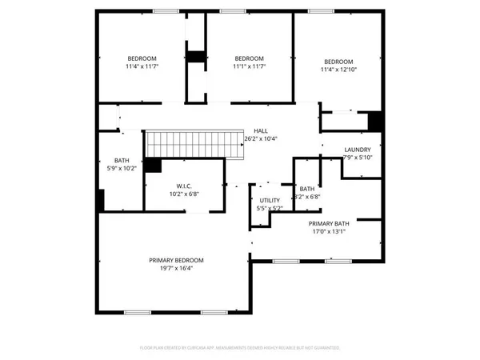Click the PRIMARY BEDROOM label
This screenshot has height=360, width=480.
[x=176, y=260]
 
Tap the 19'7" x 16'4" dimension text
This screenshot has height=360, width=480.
[x=176, y=269]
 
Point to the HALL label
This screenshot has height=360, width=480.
[x=261, y=130]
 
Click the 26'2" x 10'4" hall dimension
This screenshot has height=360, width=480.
[x=261, y=139]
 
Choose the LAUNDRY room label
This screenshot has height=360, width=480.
[x=358, y=150]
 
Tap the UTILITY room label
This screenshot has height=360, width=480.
[x=270, y=200]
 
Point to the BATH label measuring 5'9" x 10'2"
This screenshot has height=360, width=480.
[x=122, y=160]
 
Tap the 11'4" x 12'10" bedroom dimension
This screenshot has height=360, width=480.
[x=338, y=70]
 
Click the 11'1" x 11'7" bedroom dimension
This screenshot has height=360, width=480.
[x=250, y=66]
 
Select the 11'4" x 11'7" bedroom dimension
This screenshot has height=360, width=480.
[x=142, y=66]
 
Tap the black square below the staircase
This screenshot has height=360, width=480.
[x=153, y=165]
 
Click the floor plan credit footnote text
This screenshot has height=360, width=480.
[x=240, y=348]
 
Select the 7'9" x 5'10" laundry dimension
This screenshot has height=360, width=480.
[x=358, y=158]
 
